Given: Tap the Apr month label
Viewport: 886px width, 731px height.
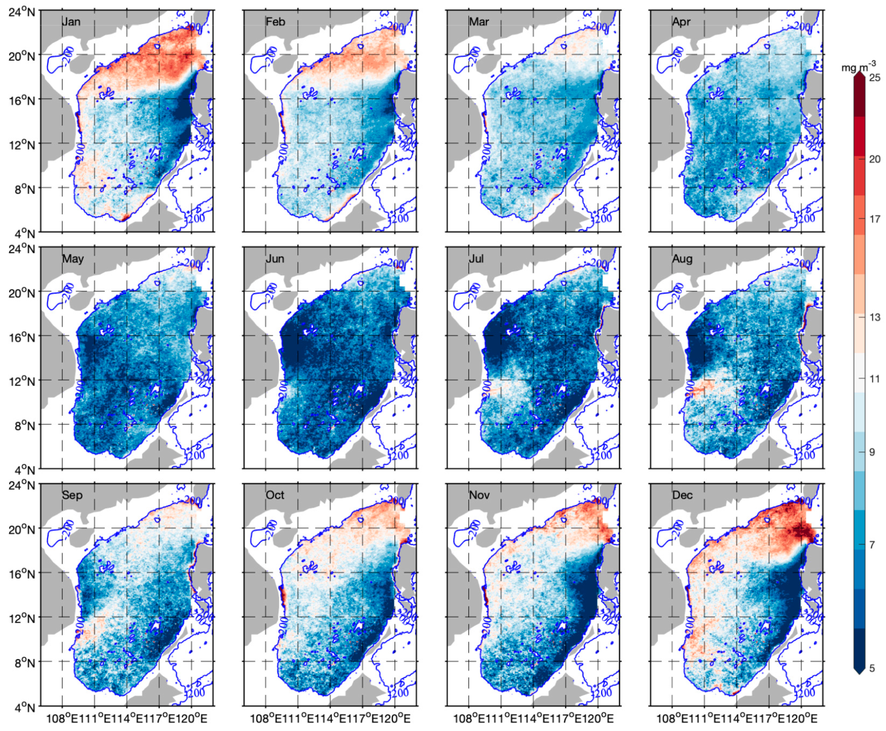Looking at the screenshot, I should pos(681,22).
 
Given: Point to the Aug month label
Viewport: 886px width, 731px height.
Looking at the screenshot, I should pos(682,259).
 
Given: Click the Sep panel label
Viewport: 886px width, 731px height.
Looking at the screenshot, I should pos(72,495).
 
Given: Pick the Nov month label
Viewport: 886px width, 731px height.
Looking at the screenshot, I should pos(479,495).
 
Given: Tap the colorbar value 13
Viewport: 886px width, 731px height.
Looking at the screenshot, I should pos(875,317).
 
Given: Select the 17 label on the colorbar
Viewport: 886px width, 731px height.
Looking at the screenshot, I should pos(875,219).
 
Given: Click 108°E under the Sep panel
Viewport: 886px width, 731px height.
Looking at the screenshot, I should pos(61,718).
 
